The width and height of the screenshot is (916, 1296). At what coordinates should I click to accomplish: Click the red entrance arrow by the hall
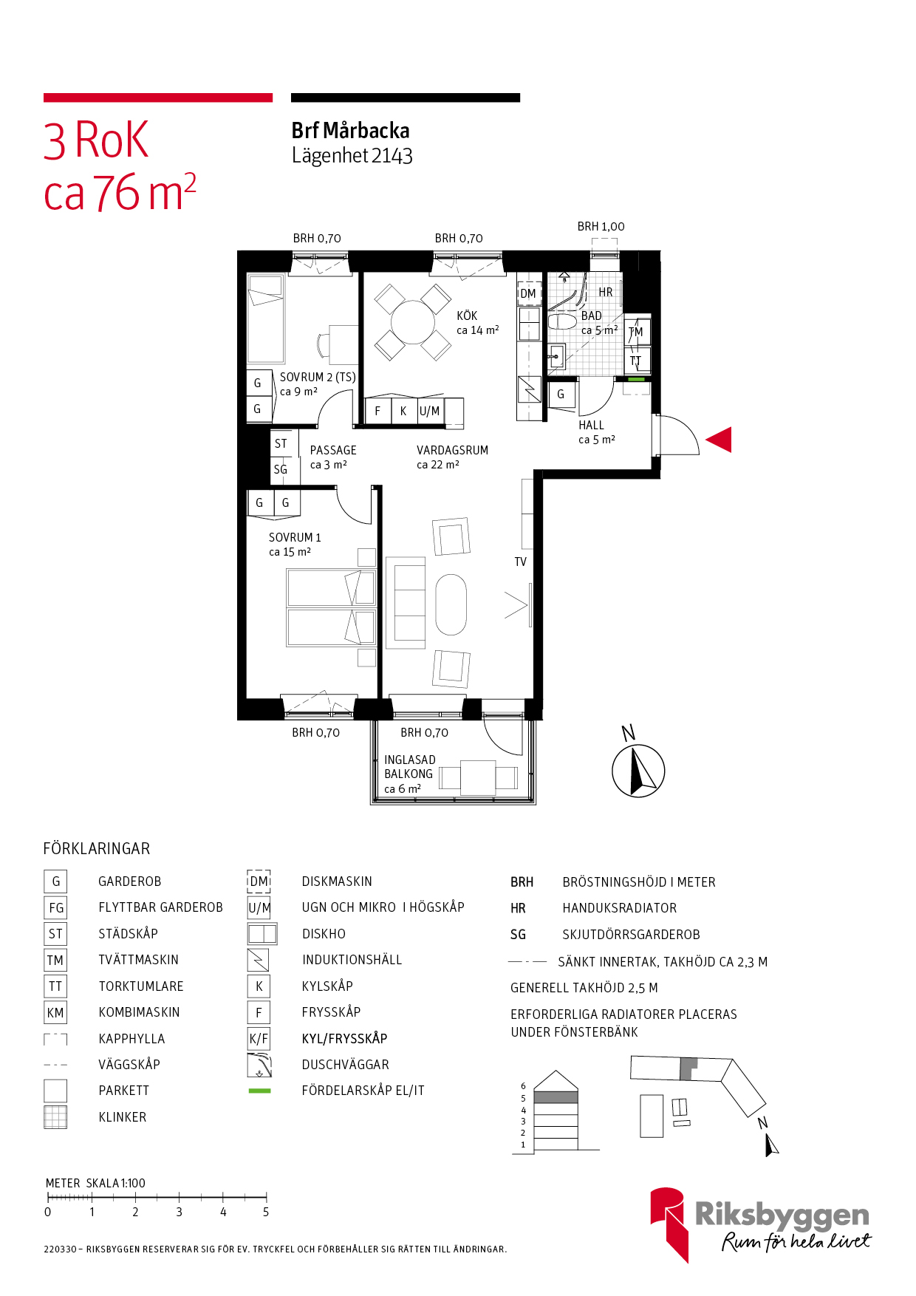pos(719,440)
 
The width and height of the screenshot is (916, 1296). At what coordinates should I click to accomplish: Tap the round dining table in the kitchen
pos(413,322)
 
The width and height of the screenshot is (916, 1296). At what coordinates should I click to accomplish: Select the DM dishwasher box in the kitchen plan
pos(528,293)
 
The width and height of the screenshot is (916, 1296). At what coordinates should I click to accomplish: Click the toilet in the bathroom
pos(562,322)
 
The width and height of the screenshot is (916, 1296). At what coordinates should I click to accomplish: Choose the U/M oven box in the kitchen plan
pos(430,412)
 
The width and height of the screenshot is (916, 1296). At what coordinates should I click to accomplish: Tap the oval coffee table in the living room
pos(451,604)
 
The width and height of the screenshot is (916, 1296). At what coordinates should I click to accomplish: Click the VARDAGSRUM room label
pos(452,450)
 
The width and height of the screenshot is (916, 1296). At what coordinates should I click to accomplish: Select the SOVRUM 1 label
pos(295,537)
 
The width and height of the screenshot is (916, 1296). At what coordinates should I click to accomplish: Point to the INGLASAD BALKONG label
pos(409,766)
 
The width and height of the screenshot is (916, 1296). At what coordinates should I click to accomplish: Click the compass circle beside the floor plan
pos(638,771)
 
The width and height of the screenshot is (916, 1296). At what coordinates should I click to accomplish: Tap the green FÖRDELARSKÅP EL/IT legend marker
pos(259,1091)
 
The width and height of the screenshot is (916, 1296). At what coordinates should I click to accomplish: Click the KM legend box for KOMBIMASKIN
pos(55,1012)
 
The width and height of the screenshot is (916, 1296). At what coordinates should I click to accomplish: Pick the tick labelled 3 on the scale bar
pos(179,1196)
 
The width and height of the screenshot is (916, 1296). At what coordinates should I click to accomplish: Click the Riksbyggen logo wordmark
pos(782,1215)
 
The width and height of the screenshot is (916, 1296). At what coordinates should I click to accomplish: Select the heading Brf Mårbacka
pos(350,131)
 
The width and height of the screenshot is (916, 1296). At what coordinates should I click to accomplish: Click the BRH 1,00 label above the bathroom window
pos(601,227)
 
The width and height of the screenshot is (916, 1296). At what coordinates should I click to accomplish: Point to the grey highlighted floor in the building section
pos(556,1097)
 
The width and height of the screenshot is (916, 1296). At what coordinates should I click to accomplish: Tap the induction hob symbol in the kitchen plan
pos(530,389)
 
